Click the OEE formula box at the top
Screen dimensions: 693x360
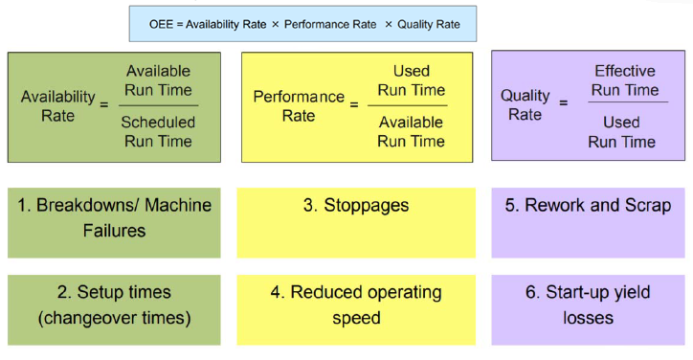coord(302,24)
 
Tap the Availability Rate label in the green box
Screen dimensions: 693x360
coord(58,105)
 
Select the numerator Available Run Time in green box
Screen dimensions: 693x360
coord(158,80)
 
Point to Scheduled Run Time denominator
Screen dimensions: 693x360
coord(158,132)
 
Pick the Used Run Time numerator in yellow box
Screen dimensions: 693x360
coord(411,80)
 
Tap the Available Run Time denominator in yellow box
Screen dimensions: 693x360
coord(411,132)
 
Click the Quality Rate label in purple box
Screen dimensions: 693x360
coord(525,105)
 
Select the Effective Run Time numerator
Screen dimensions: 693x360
coord(624,80)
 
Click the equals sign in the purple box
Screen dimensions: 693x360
coord(564,101)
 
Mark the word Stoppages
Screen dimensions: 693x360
coord(366,206)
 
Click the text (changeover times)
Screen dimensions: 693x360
coord(115,318)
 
